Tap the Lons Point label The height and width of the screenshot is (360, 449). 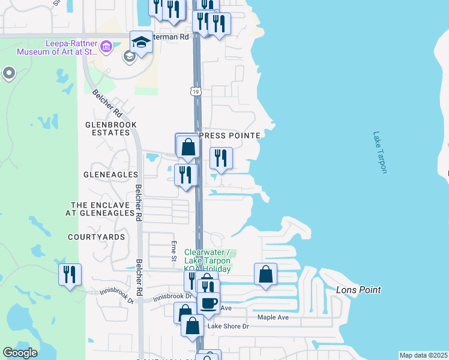[358, 290]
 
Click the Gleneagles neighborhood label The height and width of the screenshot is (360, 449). [112, 175]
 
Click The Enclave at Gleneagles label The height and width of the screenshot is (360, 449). [102, 209]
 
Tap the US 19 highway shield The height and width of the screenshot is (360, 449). [195, 91]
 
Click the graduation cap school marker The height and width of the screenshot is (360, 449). [141, 43]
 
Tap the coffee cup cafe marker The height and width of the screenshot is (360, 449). [208, 303]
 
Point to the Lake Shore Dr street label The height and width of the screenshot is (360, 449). [228, 326]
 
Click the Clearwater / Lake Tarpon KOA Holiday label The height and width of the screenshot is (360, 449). [208, 260]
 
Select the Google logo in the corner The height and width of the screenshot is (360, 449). [19, 353]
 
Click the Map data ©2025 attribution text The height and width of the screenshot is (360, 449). [423, 355]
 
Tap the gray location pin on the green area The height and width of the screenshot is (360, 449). [8, 73]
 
